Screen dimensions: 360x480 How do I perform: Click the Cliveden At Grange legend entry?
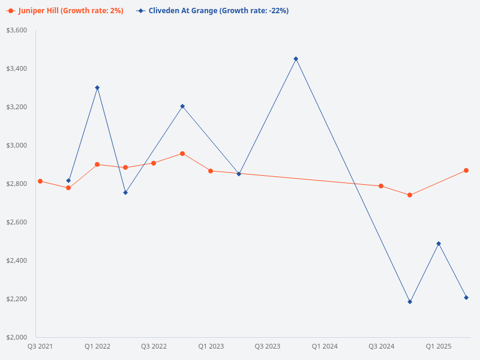[212, 10]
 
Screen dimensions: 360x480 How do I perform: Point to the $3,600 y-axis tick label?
[16, 30]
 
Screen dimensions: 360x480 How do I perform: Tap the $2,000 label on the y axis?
[16, 337]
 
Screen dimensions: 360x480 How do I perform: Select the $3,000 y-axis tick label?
[16, 145]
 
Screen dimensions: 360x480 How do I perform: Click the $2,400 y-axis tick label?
[16, 260]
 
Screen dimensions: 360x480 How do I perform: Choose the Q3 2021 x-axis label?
[40, 346]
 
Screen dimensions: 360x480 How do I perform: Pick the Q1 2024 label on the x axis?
[325, 346]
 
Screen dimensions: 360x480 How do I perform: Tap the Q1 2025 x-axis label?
[439, 346]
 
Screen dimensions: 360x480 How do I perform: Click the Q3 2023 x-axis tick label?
[268, 346]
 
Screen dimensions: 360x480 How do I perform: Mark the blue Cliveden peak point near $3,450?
[296, 59]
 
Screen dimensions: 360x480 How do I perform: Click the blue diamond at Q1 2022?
[97, 88]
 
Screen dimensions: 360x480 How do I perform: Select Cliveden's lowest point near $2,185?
[410, 302]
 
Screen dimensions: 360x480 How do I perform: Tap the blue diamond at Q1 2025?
[439, 244]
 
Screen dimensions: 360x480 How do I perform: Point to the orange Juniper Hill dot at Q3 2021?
[40, 181]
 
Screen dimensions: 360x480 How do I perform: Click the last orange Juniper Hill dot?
[466, 170]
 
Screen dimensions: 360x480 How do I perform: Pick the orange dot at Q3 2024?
[381, 186]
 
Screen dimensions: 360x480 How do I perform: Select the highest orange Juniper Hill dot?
[182, 154]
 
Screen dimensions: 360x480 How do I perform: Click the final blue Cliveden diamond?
[466, 298]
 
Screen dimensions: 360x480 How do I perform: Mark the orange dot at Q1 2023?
[211, 171]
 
